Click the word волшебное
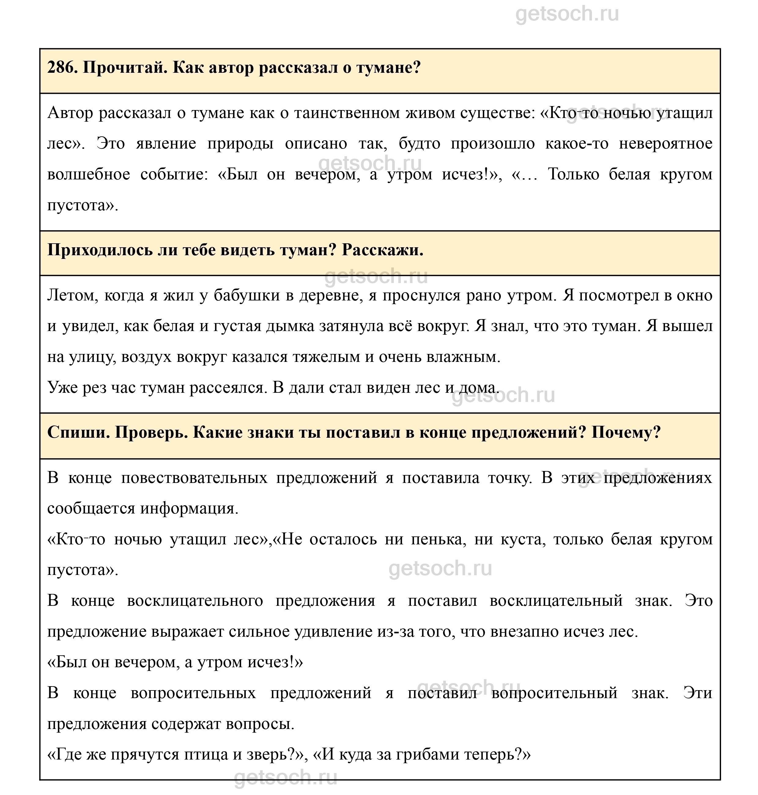point(88,175)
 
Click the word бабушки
point(246,296)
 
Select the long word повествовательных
point(194,478)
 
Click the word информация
point(190,509)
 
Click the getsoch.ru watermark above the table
point(567,14)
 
